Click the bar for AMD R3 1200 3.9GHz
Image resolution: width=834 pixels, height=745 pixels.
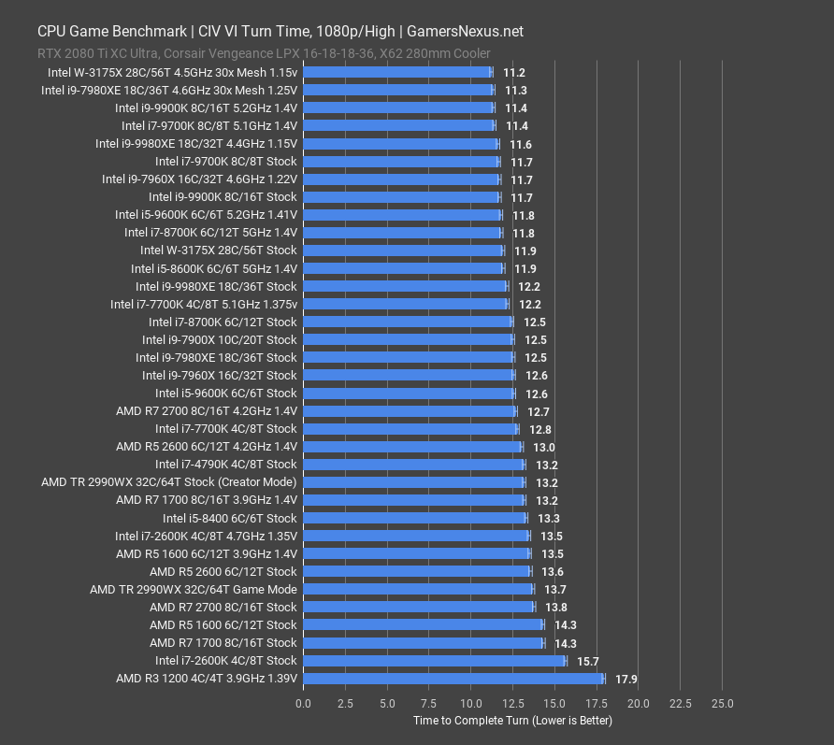(453, 679)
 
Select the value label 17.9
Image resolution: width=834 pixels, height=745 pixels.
(625, 679)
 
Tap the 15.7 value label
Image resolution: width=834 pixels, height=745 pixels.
(587, 661)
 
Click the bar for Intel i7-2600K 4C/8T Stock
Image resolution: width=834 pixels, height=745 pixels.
(435, 661)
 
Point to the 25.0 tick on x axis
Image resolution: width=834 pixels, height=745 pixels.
(722, 703)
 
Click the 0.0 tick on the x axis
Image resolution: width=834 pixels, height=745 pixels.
(304, 703)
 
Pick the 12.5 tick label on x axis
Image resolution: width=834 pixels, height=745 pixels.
(512, 703)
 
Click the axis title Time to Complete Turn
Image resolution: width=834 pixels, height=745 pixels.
(512, 721)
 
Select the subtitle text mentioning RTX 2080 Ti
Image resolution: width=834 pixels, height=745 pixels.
(264, 53)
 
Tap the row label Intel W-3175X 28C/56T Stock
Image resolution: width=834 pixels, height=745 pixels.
(218, 251)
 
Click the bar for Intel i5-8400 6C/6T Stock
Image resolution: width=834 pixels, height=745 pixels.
(415, 518)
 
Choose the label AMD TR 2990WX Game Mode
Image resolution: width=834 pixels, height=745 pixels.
(193, 589)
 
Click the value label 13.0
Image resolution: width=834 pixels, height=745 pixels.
(542, 447)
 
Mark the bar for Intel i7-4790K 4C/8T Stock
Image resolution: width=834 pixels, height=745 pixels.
(414, 465)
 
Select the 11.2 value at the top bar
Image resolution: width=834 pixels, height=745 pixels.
(513, 72)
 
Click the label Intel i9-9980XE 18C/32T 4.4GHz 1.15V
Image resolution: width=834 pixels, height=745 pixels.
(195, 144)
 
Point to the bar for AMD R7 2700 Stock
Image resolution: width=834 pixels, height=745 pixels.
(419, 607)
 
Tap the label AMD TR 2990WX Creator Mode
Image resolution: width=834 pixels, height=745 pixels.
(168, 482)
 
